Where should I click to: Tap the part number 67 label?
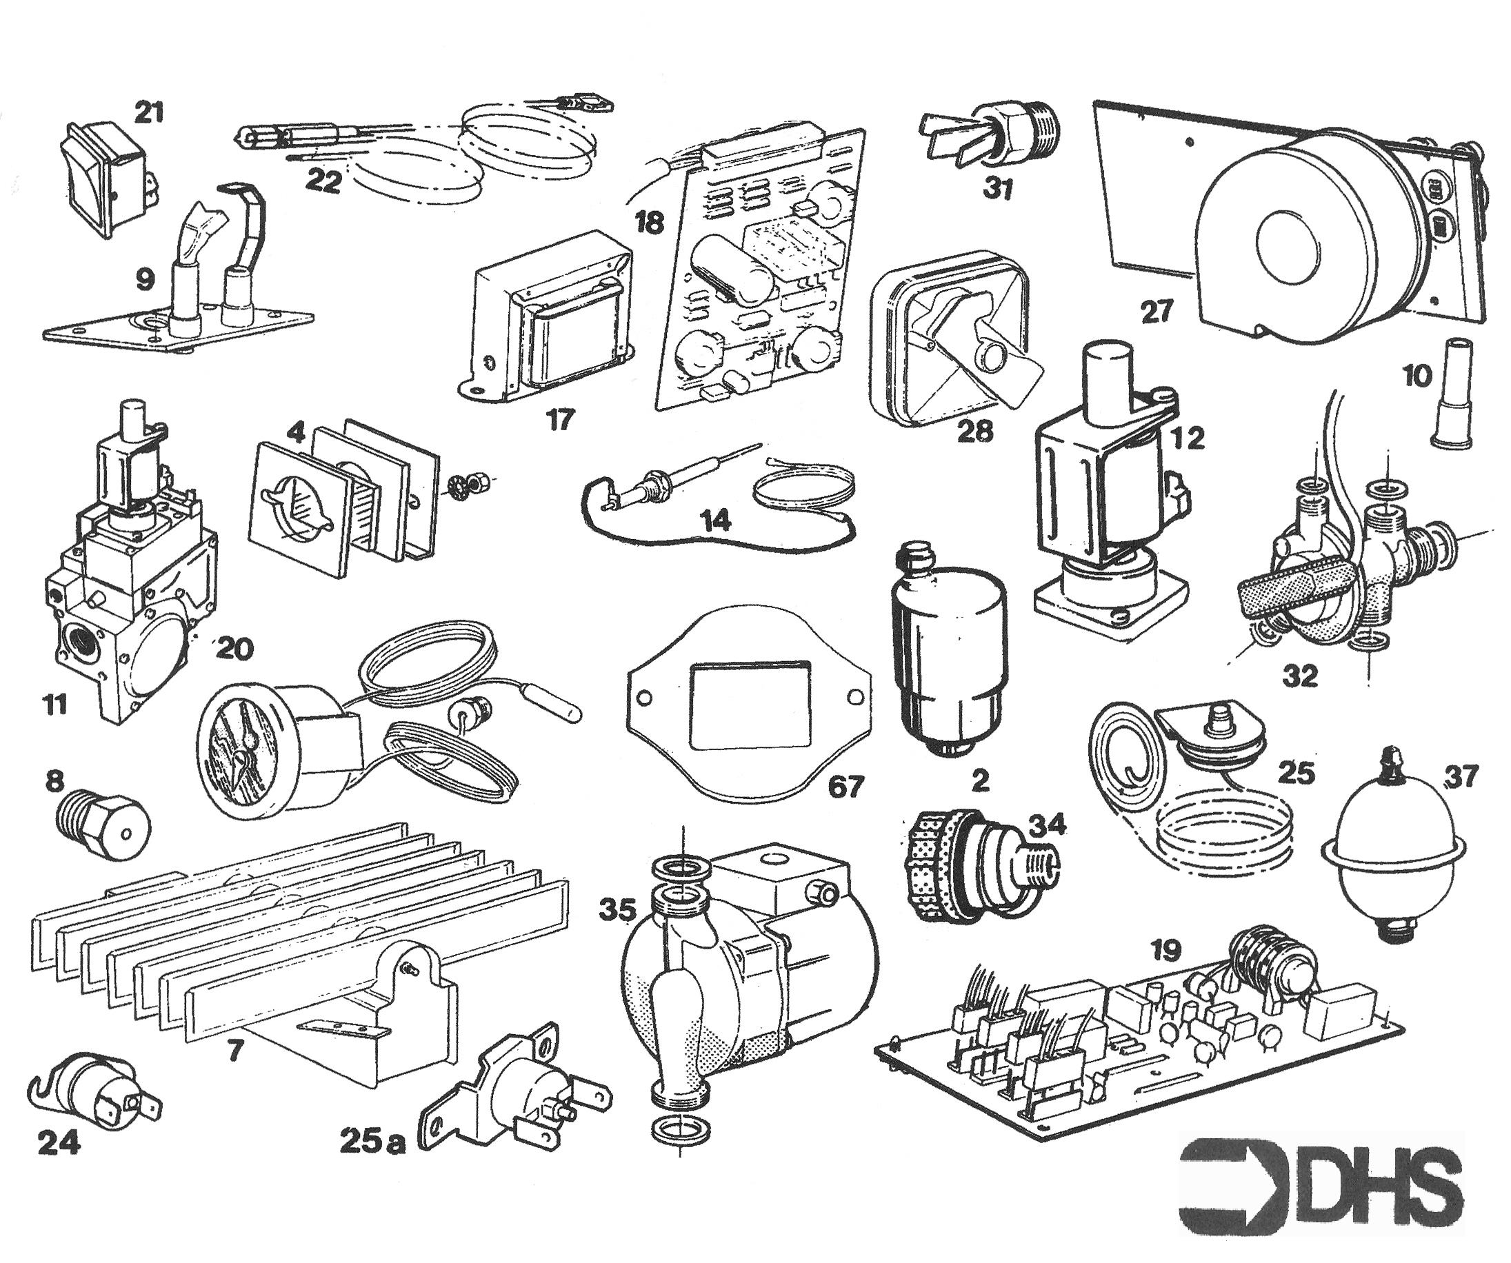(x=845, y=786)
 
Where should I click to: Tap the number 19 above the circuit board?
(x=1165, y=951)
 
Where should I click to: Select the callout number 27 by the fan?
(x=1157, y=312)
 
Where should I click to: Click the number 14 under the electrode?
(x=716, y=519)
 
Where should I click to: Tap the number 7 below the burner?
(x=235, y=1051)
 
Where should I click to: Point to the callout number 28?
(x=975, y=430)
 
